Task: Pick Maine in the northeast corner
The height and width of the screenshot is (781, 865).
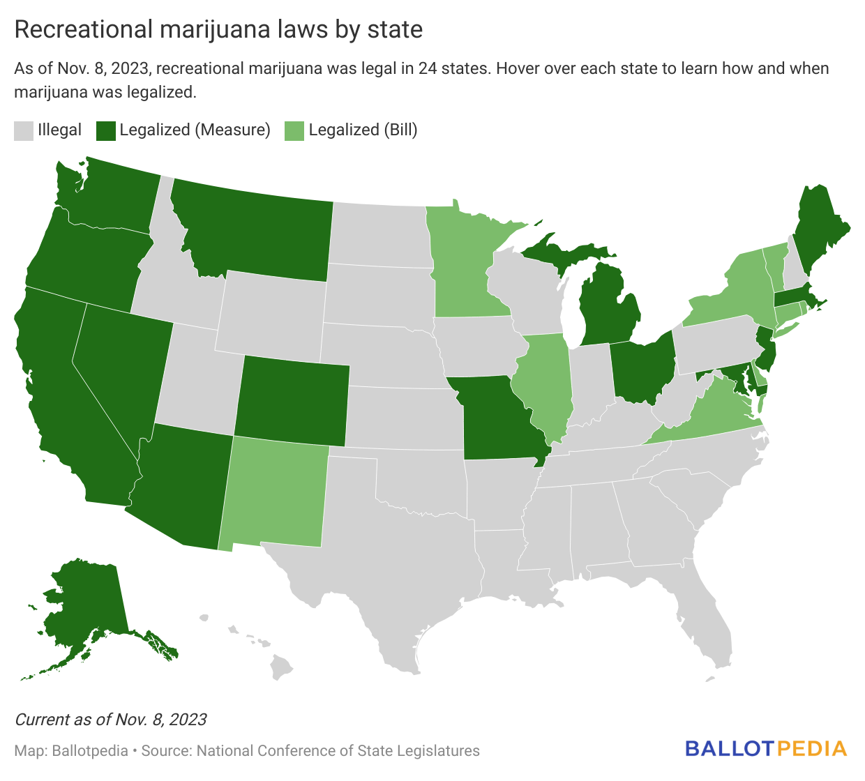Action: (820, 227)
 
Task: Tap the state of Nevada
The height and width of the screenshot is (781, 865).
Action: (122, 363)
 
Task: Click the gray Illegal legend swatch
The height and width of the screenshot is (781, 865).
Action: (24, 130)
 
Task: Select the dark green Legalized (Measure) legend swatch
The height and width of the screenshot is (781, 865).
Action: (105, 130)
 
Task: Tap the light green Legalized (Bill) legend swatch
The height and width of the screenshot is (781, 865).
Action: (294, 130)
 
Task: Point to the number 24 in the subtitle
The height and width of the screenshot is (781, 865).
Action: (428, 68)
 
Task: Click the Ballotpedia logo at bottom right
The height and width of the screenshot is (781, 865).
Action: (765, 749)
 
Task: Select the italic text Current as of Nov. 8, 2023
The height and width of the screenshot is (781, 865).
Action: (110, 720)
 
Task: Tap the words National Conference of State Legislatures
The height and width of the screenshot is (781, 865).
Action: (338, 751)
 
